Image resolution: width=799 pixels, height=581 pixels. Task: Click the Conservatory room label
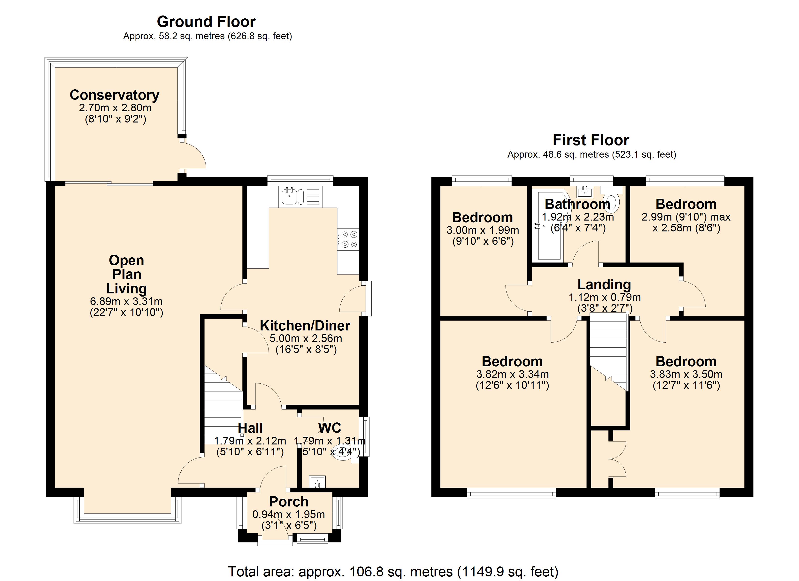coord(115,95)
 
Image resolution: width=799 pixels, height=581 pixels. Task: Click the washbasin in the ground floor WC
coord(317,481)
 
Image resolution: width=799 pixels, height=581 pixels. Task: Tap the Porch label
coord(289,501)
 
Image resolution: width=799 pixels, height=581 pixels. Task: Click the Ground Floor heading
coord(206,22)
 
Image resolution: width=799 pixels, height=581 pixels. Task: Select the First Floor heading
coord(591,140)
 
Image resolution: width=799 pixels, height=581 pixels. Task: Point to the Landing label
coord(604,284)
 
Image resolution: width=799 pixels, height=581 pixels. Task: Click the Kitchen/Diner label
coord(305,326)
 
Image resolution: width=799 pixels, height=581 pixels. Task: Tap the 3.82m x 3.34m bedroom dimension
coord(512,374)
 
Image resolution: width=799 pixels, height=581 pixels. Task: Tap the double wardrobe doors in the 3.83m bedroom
coord(617,459)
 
